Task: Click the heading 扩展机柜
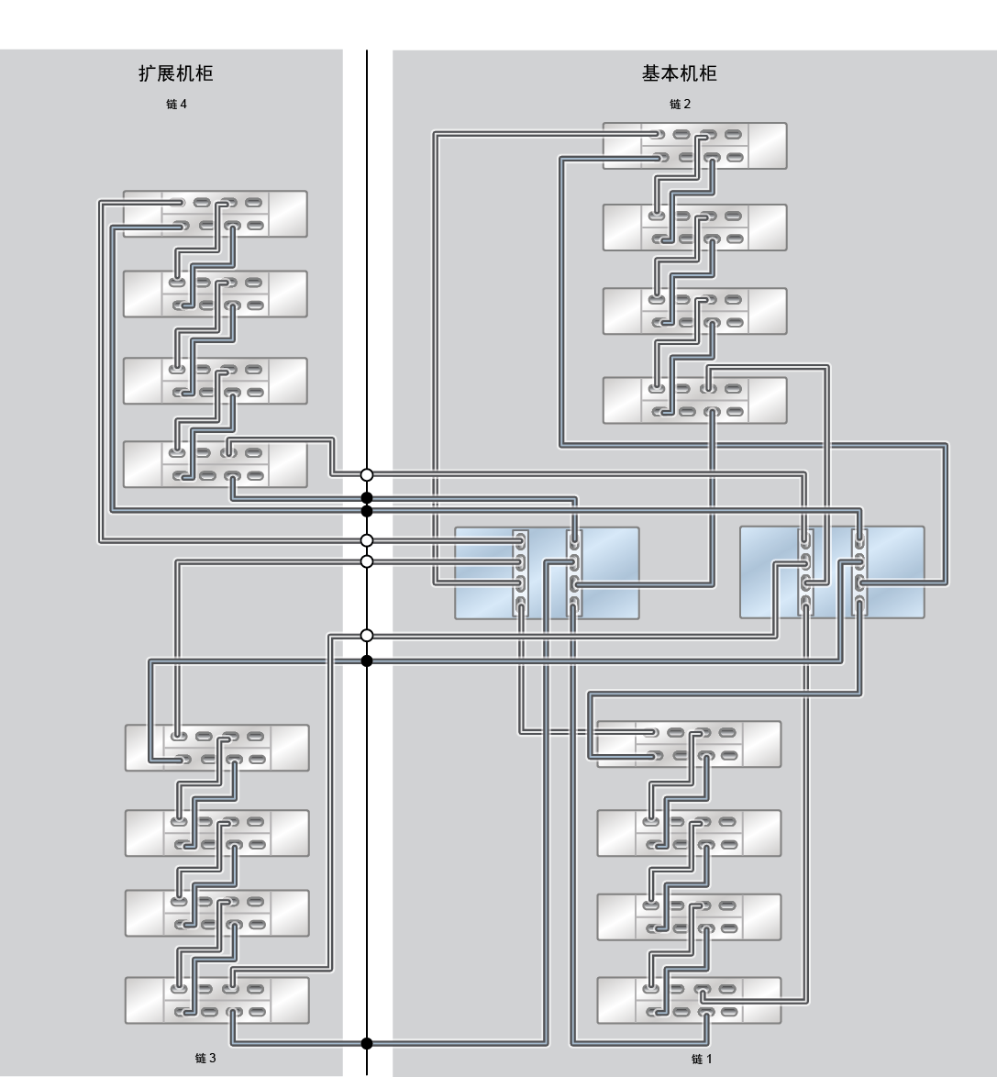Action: pyautogui.click(x=176, y=73)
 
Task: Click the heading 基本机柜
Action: pyautogui.click(x=679, y=73)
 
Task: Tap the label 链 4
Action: pyautogui.click(x=176, y=104)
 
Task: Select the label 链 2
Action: pyautogui.click(x=680, y=104)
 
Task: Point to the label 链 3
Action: pyautogui.click(x=205, y=1058)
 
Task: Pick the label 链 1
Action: pyautogui.click(x=702, y=1060)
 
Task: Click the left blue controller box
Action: pyautogui.click(x=548, y=572)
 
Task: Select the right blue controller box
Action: pyautogui.click(x=832, y=572)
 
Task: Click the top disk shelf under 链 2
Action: pyautogui.click(x=695, y=146)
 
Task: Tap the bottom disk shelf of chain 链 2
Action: pyautogui.click(x=695, y=400)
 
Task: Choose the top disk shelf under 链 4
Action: pyautogui.click(x=215, y=214)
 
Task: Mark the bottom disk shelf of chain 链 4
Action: pyautogui.click(x=215, y=464)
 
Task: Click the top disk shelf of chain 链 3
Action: pyautogui.click(x=217, y=748)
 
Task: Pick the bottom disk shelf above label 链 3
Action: pyautogui.click(x=217, y=1000)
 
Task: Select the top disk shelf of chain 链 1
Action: pyautogui.click(x=690, y=744)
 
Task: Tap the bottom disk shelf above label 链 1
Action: pyautogui.click(x=690, y=1000)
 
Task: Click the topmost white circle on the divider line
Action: pyautogui.click(x=367, y=474)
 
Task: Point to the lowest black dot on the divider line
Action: pyautogui.click(x=367, y=1043)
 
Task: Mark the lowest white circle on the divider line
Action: pyautogui.click(x=367, y=636)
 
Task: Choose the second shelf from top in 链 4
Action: pyautogui.click(x=215, y=294)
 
